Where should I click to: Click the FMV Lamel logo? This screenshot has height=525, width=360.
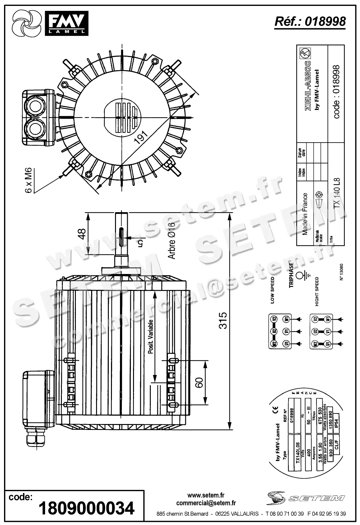[x=50, y=23]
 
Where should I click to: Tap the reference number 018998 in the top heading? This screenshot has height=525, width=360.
[x=325, y=21]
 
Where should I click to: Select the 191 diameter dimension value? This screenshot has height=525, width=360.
[x=141, y=136]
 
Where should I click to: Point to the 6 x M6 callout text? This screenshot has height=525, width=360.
[x=28, y=180]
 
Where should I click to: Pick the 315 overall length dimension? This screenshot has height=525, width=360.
[x=223, y=320]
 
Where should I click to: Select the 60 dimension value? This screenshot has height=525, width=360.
[x=199, y=382]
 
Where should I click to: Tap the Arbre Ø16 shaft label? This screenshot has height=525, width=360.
[x=172, y=240]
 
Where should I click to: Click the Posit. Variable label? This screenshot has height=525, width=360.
[x=151, y=337]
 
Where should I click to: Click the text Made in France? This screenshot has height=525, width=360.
[x=305, y=214]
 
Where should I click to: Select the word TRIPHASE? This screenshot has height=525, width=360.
[x=291, y=275]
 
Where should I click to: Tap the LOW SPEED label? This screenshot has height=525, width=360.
[x=273, y=290]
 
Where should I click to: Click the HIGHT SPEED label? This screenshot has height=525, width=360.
[x=317, y=291]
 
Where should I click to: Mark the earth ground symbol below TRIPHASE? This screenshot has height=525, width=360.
[x=301, y=276]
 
